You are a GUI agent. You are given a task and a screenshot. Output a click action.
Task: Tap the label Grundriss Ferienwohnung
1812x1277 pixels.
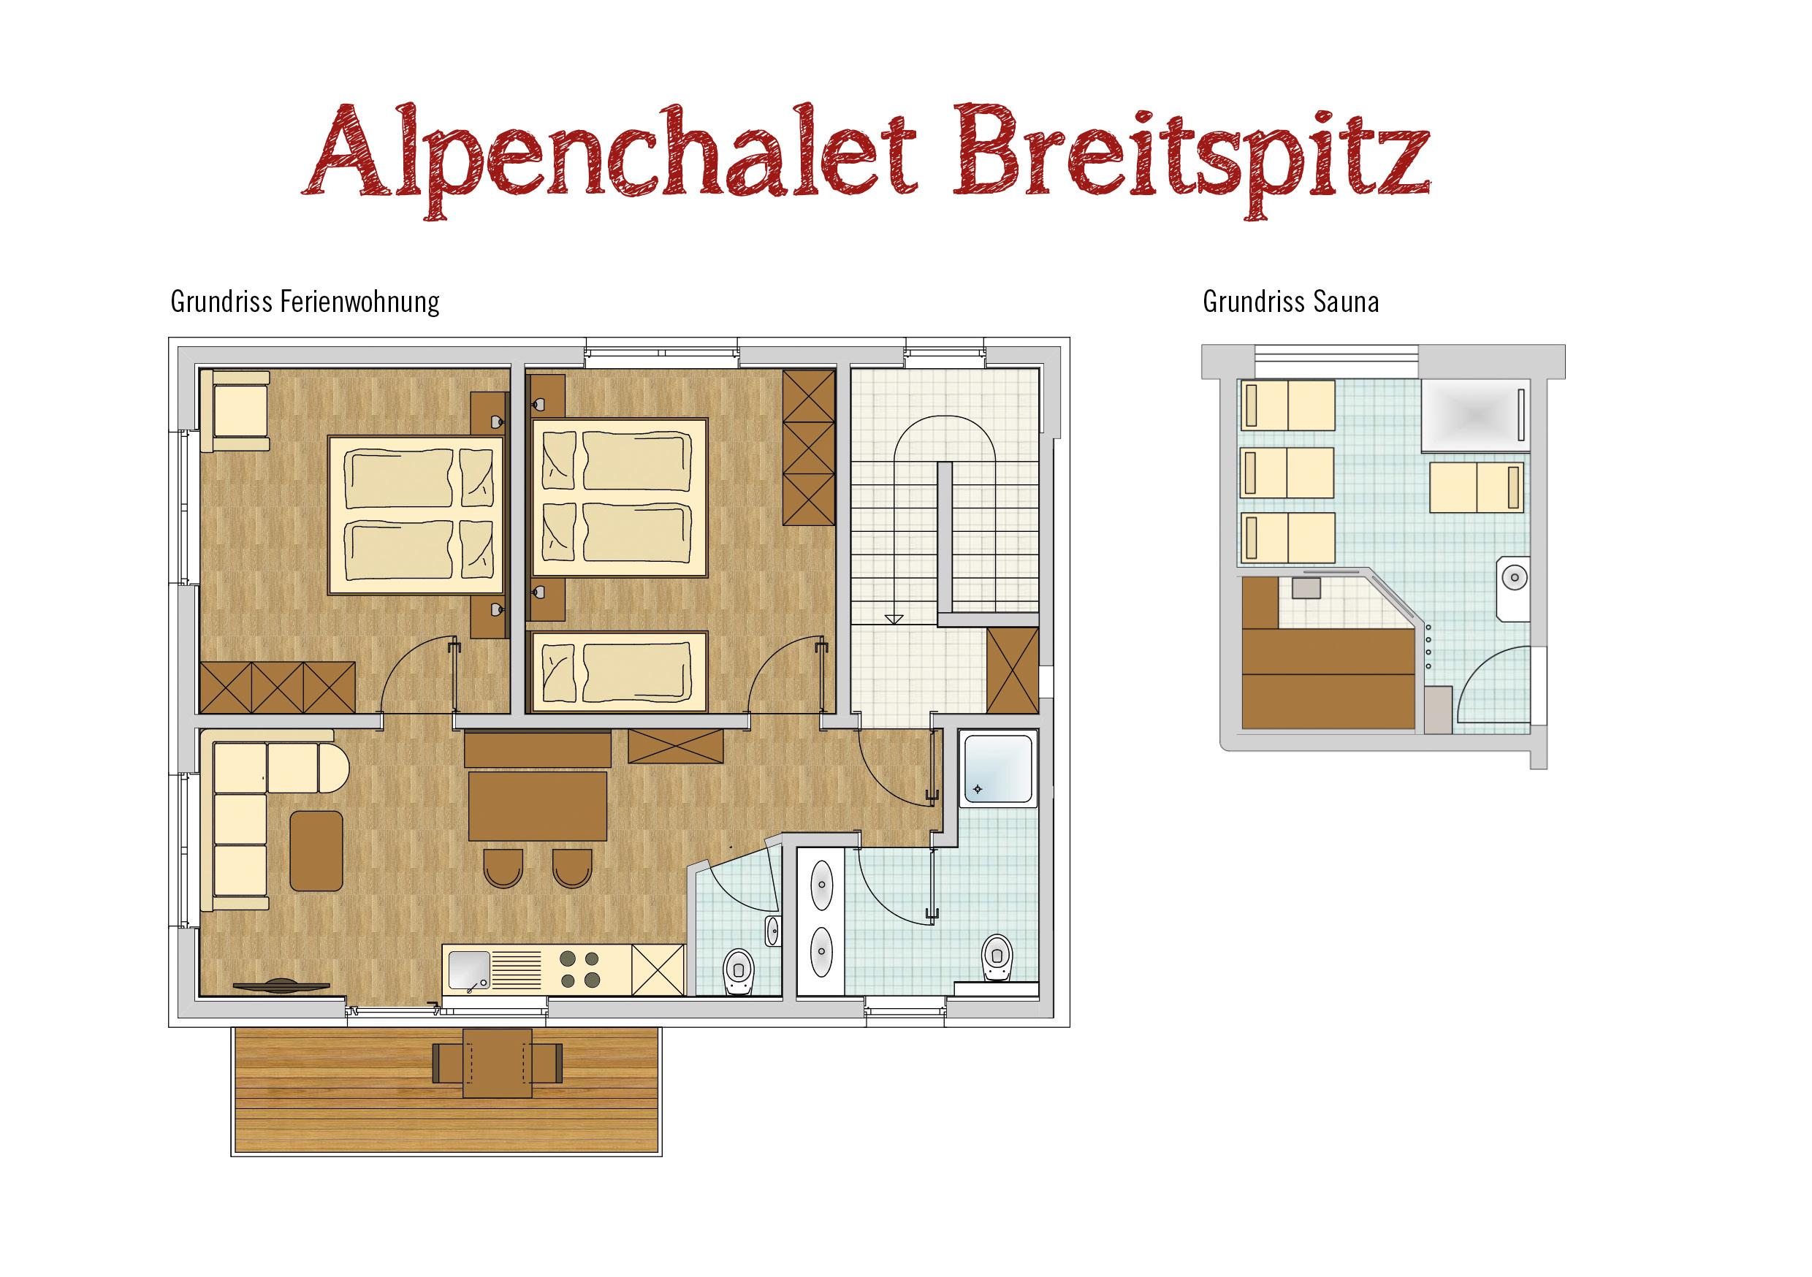point(305,302)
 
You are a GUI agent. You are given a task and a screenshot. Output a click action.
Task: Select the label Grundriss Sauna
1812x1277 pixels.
point(1290,302)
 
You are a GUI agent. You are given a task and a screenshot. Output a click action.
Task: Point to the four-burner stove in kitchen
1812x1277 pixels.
point(579,970)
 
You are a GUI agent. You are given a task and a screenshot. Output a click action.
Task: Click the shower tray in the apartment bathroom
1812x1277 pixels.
point(997,769)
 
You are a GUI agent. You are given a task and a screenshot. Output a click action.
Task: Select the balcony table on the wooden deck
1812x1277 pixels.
point(497,1062)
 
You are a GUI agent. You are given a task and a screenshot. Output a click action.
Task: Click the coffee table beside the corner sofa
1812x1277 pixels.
point(316,850)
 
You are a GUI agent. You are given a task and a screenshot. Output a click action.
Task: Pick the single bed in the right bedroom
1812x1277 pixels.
point(620,671)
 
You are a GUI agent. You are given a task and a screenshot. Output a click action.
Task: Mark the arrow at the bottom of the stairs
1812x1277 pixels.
point(894,617)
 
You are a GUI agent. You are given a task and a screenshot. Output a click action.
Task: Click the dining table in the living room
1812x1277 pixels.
point(538,806)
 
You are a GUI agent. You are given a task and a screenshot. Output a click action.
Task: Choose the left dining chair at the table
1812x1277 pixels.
point(503,867)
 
